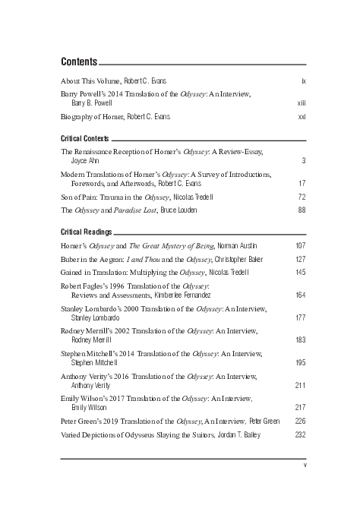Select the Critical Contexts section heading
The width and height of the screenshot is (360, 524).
point(84,139)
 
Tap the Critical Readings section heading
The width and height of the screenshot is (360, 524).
point(86,232)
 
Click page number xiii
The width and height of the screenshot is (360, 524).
point(302,102)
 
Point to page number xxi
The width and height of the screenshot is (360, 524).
point(302,117)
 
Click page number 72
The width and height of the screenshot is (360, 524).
point(302,197)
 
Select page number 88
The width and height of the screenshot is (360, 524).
point(302,210)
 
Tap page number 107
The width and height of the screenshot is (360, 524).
point(300,245)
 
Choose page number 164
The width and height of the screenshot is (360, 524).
point(300,294)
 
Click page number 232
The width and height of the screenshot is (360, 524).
point(300,434)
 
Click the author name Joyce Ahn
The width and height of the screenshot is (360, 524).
point(87,161)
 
